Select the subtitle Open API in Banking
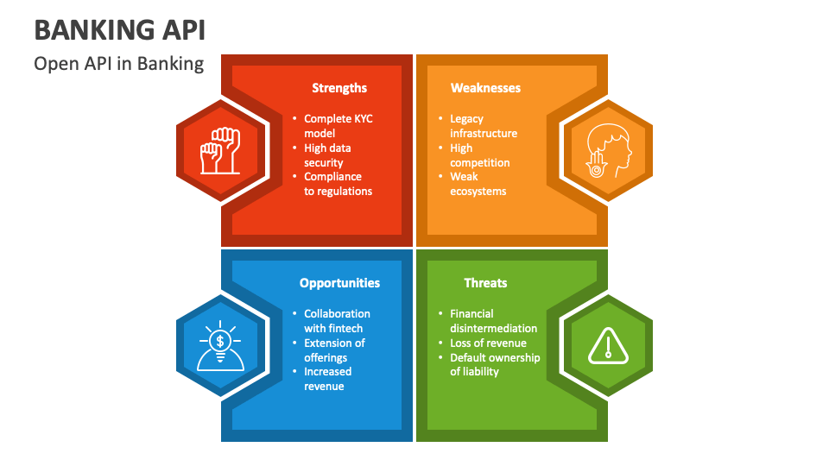click(x=119, y=64)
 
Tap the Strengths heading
click(x=339, y=88)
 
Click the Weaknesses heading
click(x=485, y=88)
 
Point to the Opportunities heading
click(x=339, y=283)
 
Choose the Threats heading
click(x=485, y=283)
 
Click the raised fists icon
click(x=220, y=151)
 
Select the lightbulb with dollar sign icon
click(x=220, y=345)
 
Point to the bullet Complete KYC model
click(x=338, y=126)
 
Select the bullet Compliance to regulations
click(x=338, y=184)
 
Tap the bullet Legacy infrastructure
click(x=483, y=126)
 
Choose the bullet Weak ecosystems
click(x=478, y=184)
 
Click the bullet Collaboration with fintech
click(x=337, y=321)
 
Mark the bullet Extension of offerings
click(x=333, y=350)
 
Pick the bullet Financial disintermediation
click(x=493, y=321)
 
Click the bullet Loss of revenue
click(x=488, y=343)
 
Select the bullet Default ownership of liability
click(x=495, y=364)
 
